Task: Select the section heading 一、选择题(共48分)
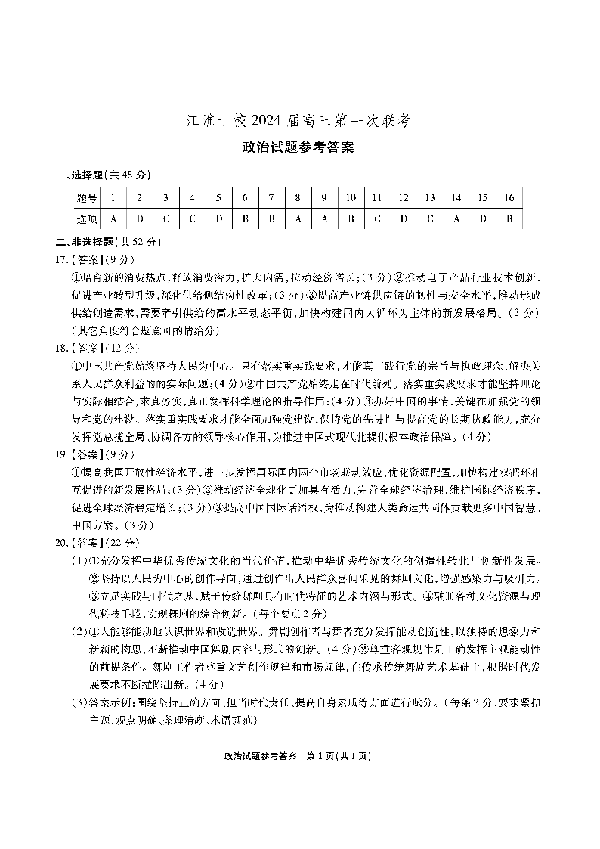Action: [x=103, y=175]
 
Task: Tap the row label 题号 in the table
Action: [x=87, y=198]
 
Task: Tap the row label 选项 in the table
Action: [x=87, y=219]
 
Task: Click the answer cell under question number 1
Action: [x=113, y=219]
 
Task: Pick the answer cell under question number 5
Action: [x=218, y=219]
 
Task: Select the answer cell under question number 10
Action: [x=351, y=219]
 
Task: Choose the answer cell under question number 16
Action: [x=509, y=219]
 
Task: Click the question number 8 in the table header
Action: [x=298, y=198]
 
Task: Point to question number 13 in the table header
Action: [x=429, y=198]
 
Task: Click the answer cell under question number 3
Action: [x=165, y=219]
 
